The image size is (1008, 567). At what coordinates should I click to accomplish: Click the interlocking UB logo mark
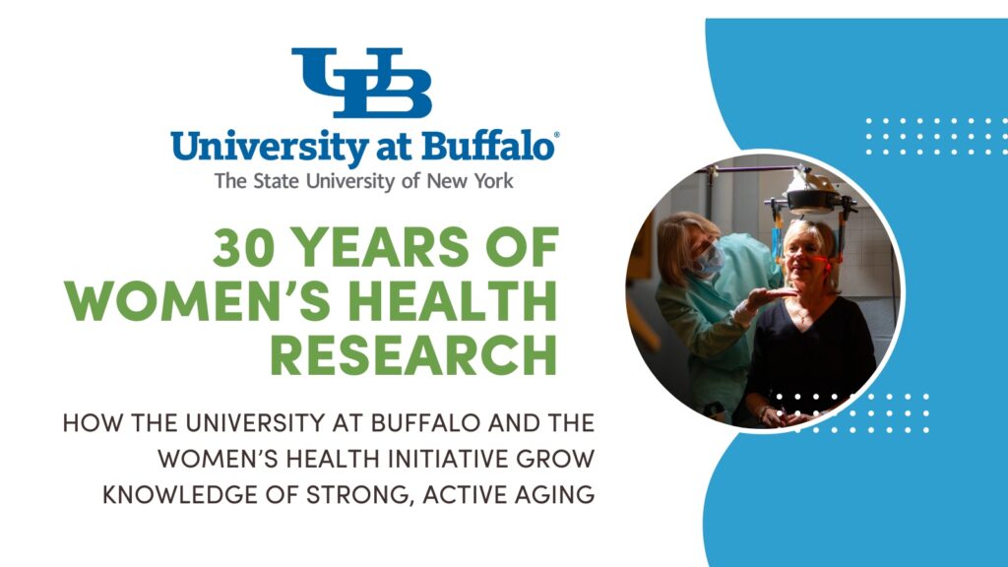tap(361, 83)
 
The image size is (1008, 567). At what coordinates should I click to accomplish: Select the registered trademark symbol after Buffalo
tap(556, 137)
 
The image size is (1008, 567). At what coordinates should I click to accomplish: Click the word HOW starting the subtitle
tap(85, 424)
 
